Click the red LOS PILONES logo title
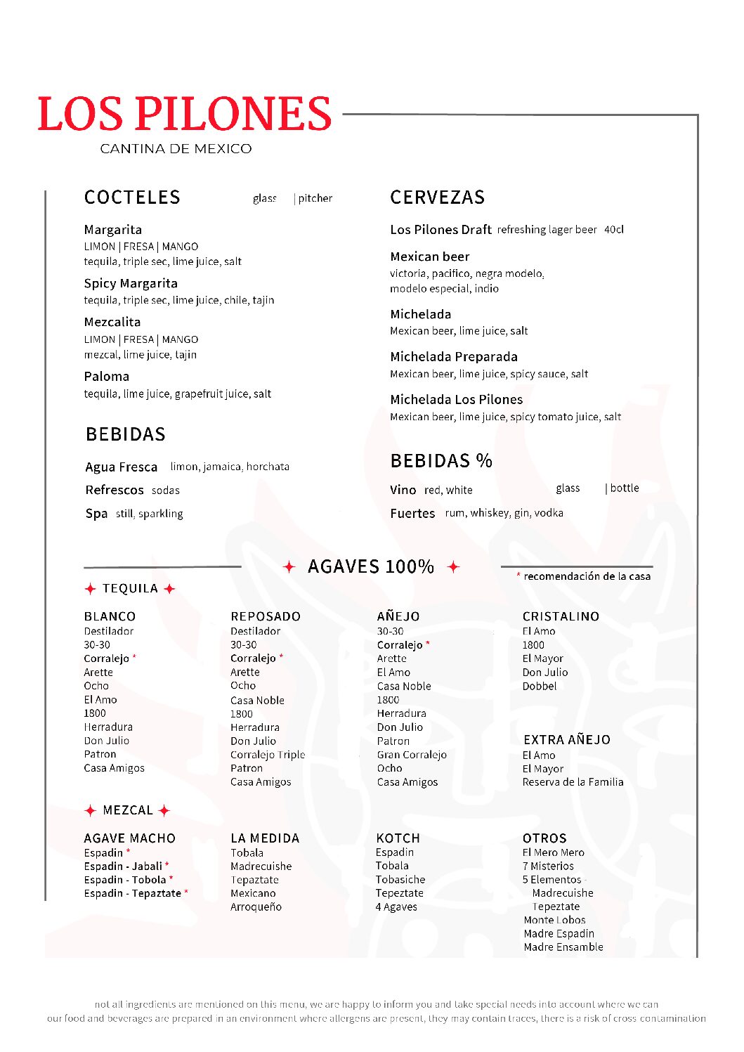[x=184, y=114]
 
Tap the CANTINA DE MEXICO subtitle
[x=176, y=149]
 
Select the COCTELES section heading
[x=132, y=197]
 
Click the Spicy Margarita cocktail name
[x=131, y=283]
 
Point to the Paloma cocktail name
[x=107, y=376]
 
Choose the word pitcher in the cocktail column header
[x=315, y=198]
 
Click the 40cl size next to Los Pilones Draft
[x=614, y=230]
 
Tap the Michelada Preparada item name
[x=454, y=356]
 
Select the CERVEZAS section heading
[x=438, y=197]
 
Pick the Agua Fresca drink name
[x=122, y=467]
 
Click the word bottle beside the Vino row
[x=625, y=488]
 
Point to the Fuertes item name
[x=413, y=514]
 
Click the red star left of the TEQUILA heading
[x=90, y=589]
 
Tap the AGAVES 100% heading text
[x=371, y=566]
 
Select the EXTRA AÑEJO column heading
[x=567, y=740]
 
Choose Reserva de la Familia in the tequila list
[x=573, y=782]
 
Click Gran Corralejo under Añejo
[x=412, y=755]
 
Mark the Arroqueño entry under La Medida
[x=256, y=907]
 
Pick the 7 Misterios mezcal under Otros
[x=548, y=866]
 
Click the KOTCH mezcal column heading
[x=398, y=838]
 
